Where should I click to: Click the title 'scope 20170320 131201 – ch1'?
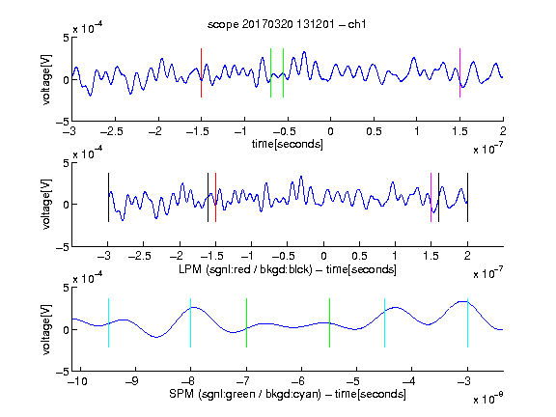(x=287, y=24)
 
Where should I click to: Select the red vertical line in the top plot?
(x=201, y=72)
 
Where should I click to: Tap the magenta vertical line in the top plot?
(x=459, y=72)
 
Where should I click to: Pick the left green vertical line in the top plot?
(x=270, y=72)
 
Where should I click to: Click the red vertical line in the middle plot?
(x=215, y=198)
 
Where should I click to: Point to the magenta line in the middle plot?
(x=431, y=198)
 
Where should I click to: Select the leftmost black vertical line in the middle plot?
(x=108, y=198)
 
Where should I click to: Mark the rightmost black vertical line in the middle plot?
(x=467, y=198)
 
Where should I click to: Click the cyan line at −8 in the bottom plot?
(x=191, y=322)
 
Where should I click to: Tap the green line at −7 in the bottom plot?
(x=246, y=322)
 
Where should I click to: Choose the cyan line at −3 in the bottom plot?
(x=467, y=322)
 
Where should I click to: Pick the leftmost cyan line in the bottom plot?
(x=108, y=322)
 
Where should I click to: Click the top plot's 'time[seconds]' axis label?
(x=288, y=144)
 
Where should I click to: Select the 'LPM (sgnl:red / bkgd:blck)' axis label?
(x=245, y=269)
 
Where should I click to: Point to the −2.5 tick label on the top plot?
(x=112, y=132)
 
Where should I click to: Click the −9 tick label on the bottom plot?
(x=132, y=381)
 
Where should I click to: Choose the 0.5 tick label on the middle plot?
(x=359, y=256)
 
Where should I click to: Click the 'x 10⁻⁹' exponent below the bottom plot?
(x=488, y=399)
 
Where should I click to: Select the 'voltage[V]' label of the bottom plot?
(x=46, y=329)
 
